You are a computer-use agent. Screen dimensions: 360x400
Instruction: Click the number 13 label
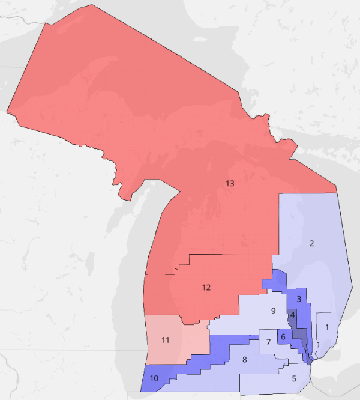click(x=229, y=183)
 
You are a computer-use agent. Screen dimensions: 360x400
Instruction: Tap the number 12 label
click(x=206, y=287)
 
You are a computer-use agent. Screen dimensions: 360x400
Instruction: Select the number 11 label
click(x=166, y=340)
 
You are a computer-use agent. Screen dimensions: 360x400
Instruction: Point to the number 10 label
click(x=154, y=378)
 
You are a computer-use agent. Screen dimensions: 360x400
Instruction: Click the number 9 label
click(x=273, y=311)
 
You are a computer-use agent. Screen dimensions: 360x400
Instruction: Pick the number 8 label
click(x=245, y=360)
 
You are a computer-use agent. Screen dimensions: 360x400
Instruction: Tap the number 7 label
click(x=268, y=342)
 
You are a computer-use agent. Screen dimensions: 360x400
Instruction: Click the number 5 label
click(x=294, y=378)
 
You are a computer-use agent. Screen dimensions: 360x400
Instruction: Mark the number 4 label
click(x=292, y=314)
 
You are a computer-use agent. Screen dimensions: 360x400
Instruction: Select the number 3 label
click(x=298, y=298)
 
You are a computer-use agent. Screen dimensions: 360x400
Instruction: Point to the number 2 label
click(x=311, y=243)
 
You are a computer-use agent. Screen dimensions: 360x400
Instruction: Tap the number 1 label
click(x=326, y=327)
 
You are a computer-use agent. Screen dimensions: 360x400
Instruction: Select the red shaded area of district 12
click(x=180, y=300)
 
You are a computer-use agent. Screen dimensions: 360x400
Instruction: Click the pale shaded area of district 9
click(x=252, y=312)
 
